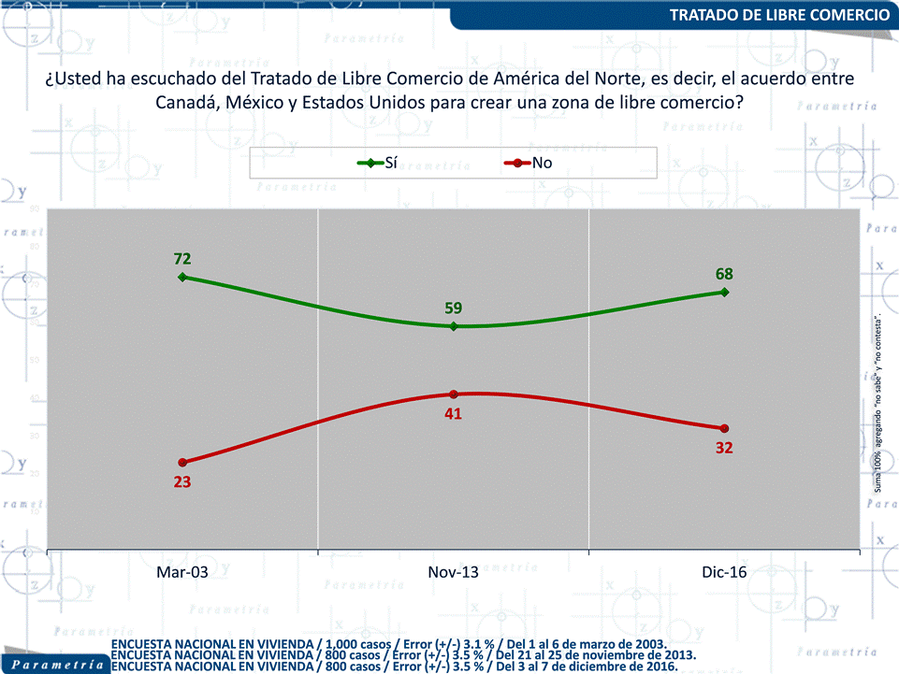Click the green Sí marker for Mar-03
(182, 277)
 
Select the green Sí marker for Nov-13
(454, 326)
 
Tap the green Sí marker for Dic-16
(724, 292)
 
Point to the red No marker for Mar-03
(182, 463)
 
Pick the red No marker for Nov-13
(454, 394)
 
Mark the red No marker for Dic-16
(724, 428)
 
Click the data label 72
(182, 258)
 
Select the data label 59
(454, 308)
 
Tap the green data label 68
(724, 274)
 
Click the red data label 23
(182, 482)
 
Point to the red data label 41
(454, 413)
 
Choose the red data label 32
(724, 447)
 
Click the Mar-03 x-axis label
(182, 572)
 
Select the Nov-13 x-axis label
(453, 572)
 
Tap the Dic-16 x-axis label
(724, 572)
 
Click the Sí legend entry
(379, 164)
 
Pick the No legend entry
(528, 164)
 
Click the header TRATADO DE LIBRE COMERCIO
(779, 15)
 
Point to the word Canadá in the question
(187, 102)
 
